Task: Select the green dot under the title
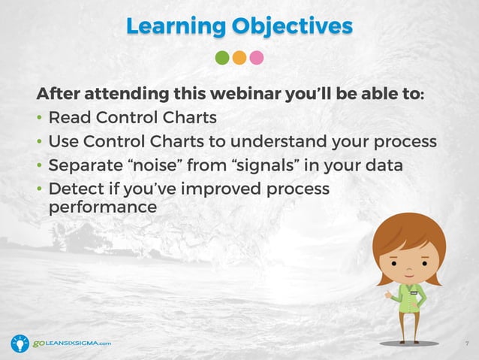[222, 58]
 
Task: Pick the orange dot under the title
[239, 58]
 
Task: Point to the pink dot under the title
[257, 58]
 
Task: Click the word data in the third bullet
[383, 165]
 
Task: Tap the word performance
[102, 206]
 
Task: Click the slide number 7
[467, 344]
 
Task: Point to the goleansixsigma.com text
[72, 343]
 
